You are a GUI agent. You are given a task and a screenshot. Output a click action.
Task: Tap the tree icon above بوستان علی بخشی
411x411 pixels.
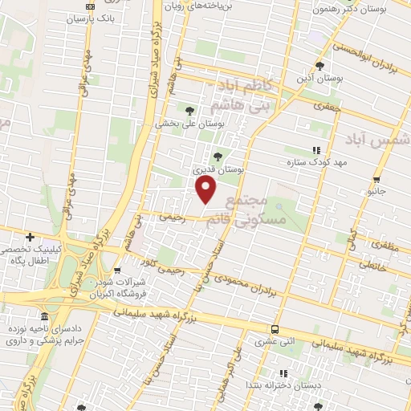(189, 111)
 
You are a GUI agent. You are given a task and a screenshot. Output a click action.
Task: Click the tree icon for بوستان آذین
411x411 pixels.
(321, 67)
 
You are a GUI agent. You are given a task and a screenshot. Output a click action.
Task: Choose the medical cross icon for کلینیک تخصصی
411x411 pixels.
(30, 237)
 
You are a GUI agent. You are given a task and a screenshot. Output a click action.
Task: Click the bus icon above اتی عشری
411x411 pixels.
(275, 329)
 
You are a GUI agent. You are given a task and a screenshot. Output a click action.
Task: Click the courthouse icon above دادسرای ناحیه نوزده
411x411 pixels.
(43, 317)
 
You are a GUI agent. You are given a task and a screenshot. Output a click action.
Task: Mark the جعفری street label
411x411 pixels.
(328, 105)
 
